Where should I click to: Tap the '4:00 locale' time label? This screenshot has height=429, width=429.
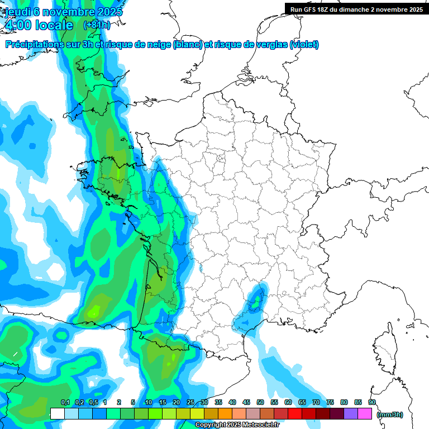pyautogui.click(x=38, y=25)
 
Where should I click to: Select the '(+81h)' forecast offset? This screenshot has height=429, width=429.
pyautogui.click(x=97, y=25)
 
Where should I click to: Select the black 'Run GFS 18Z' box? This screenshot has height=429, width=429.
pyautogui.click(x=356, y=9)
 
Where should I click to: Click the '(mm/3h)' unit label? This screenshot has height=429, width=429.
pyautogui.click(x=390, y=414)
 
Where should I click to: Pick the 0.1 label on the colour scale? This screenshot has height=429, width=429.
pyautogui.click(x=65, y=403)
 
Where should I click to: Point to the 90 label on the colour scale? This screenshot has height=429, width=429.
pyautogui.click(x=371, y=403)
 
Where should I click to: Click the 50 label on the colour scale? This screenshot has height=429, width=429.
pyautogui.click(x=260, y=403)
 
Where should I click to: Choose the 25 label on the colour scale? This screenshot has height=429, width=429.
pyautogui.click(x=190, y=403)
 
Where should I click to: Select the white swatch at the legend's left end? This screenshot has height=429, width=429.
pyautogui.click(x=57, y=414)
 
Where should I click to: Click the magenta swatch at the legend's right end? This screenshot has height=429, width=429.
pyautogui.click(x=365, y=414)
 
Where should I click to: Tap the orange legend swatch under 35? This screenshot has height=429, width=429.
pyautogui.click(x=225, y=414)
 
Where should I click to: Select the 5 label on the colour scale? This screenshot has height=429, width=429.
pyautogui.click(x=133, y=403)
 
